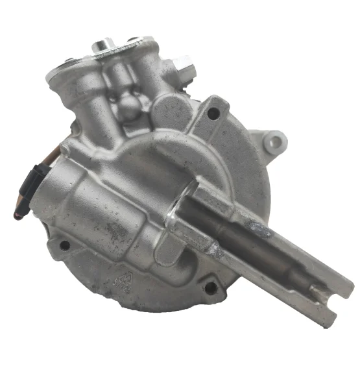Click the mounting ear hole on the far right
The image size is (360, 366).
point(275,139)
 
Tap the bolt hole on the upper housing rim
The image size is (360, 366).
point(212,114)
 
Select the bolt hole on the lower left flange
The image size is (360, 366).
point(64,245)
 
